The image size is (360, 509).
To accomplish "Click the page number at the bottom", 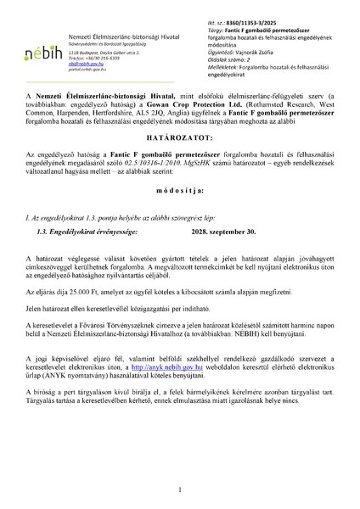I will click(181, 491).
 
